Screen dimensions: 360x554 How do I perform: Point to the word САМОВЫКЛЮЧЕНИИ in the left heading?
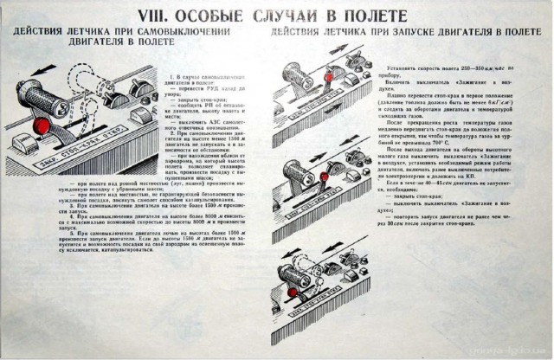178,31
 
